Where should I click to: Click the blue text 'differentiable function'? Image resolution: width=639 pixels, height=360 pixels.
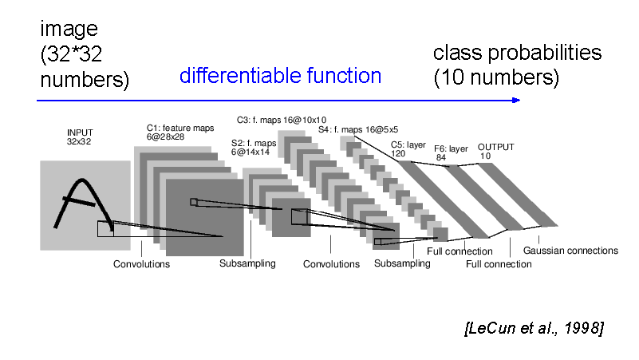(280, 77)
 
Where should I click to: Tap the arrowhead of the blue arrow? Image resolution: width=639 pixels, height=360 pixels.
(516, 100)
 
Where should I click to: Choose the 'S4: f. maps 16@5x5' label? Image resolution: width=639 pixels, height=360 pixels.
(358, 129)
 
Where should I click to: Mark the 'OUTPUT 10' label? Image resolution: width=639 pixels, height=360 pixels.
(495, 152)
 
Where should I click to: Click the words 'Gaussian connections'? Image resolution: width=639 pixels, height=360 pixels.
(570, 251)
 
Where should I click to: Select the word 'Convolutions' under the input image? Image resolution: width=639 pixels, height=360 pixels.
(141, 264)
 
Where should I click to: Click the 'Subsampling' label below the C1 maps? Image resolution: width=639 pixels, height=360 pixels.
(247, 263)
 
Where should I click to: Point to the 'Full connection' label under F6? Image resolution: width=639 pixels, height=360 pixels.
(499, 264)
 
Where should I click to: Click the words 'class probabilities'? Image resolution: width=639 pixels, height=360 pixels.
(517, 53)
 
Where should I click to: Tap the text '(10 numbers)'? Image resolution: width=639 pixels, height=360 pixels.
(495, 78)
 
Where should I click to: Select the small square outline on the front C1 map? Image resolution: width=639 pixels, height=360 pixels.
(193, 202)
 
